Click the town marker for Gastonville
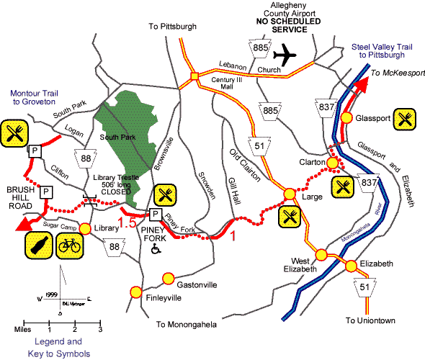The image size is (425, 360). click(169, 276)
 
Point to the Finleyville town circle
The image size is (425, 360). click(135, 291)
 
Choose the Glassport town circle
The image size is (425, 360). click(346, 117)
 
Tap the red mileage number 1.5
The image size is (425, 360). click(127, 224)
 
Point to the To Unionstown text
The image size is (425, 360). click(371, 319)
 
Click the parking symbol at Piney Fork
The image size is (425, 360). click(153, 214)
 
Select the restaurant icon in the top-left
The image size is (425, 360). click(14, 132)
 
